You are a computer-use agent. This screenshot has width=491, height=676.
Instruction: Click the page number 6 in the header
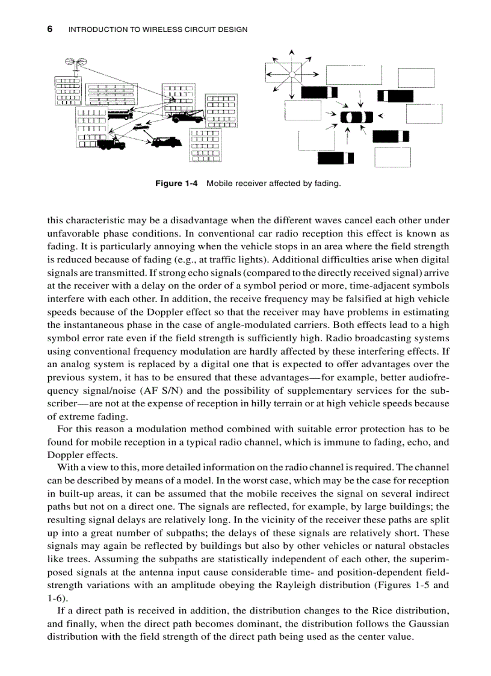(x=51, y=29)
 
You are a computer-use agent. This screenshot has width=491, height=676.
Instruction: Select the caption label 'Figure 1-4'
(x=177, y=183)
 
